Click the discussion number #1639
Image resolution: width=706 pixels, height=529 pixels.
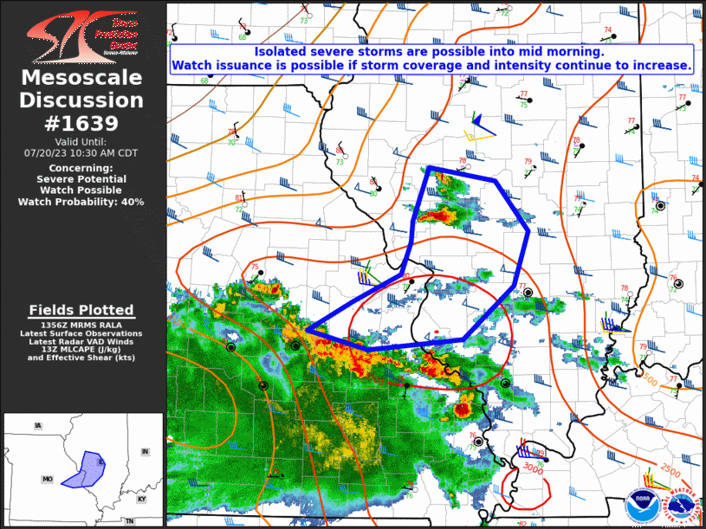[x=82, y=123]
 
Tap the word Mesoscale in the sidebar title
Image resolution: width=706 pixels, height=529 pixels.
[x=81, y=78]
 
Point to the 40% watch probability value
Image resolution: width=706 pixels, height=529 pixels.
[x=132, y=202]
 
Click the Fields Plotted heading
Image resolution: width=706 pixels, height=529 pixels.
[x=81, y=310]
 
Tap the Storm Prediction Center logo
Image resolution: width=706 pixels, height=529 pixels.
[x=81, y=35]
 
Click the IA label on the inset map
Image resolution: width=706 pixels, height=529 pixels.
[x=37, y=426]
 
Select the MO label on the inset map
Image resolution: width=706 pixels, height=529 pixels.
[x=48, y=478]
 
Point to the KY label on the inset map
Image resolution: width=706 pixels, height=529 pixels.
[x=142, y=499]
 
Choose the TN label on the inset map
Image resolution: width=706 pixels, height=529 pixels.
[x=128, y=521]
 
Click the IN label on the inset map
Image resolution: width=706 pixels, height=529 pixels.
[x=146, y=451]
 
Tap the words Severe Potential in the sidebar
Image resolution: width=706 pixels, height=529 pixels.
[x=81, y=179]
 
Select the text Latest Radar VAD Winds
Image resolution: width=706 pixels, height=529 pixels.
[x=81, y=341]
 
